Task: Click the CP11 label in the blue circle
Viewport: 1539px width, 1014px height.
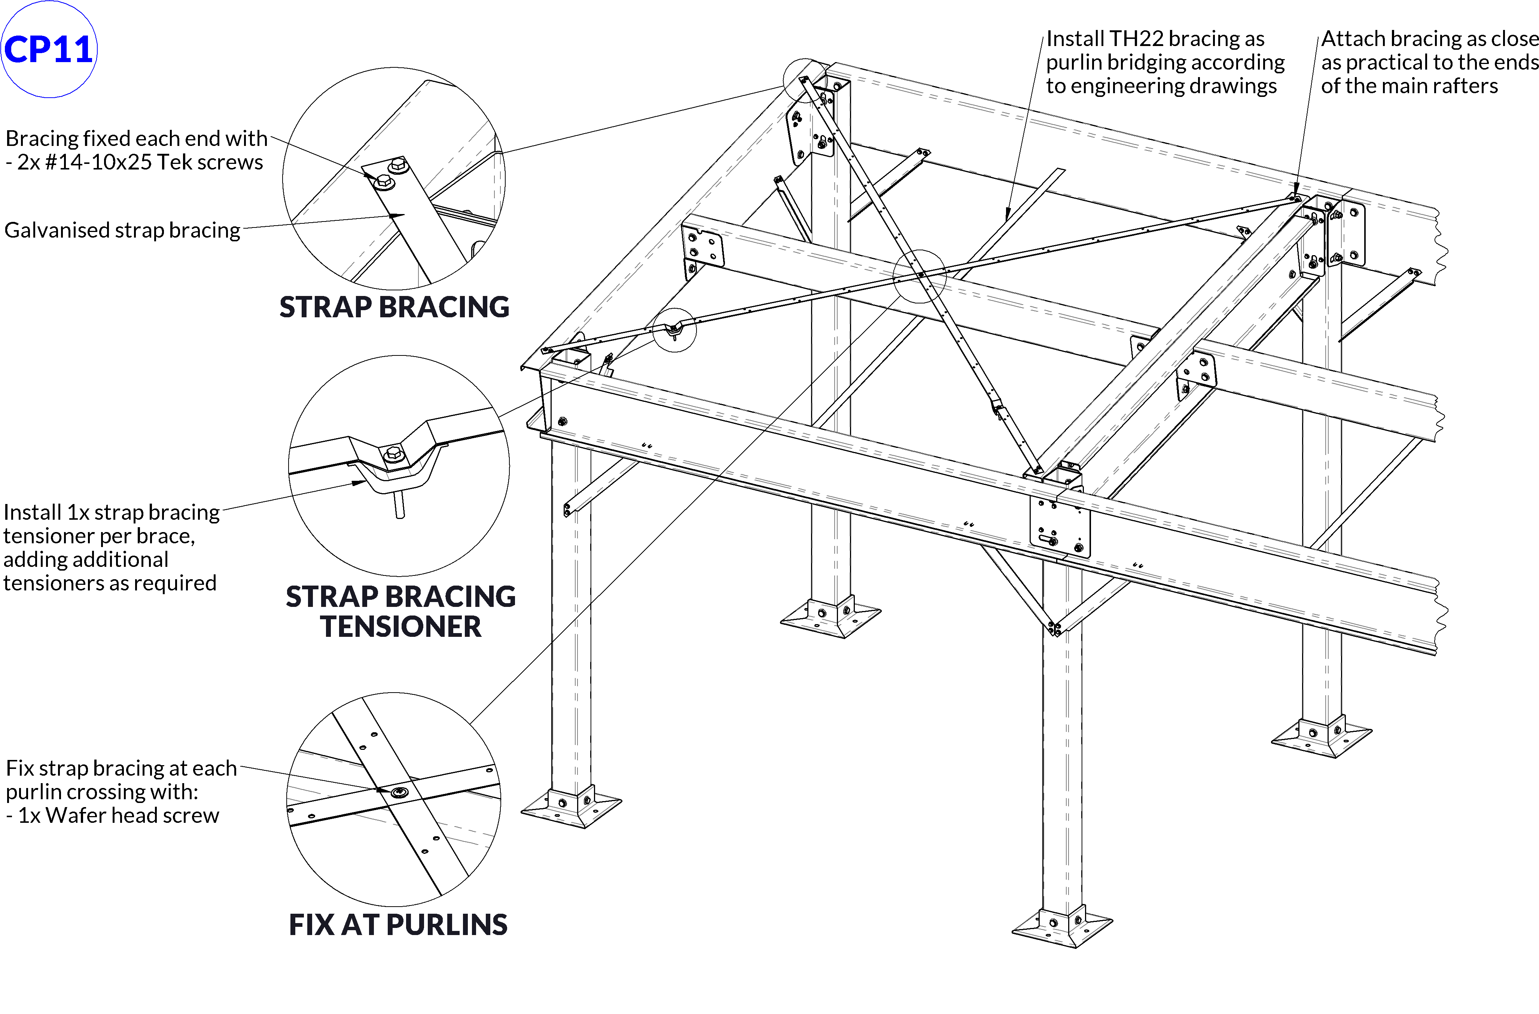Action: point(49,49)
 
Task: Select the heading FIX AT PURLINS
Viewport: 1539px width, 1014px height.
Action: point(398,924)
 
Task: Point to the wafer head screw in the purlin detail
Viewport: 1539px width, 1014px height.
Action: point(399,792)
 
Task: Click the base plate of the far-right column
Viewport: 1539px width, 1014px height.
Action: point(1321,737)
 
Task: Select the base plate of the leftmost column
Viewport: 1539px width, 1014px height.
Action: point(570,808)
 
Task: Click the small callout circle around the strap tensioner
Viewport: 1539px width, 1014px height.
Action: point(674,329)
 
